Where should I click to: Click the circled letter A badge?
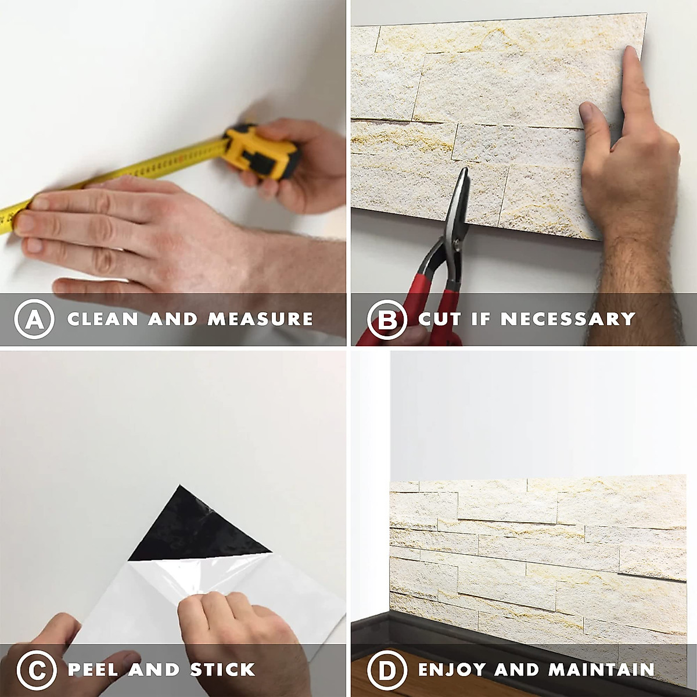tap(34, 319)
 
